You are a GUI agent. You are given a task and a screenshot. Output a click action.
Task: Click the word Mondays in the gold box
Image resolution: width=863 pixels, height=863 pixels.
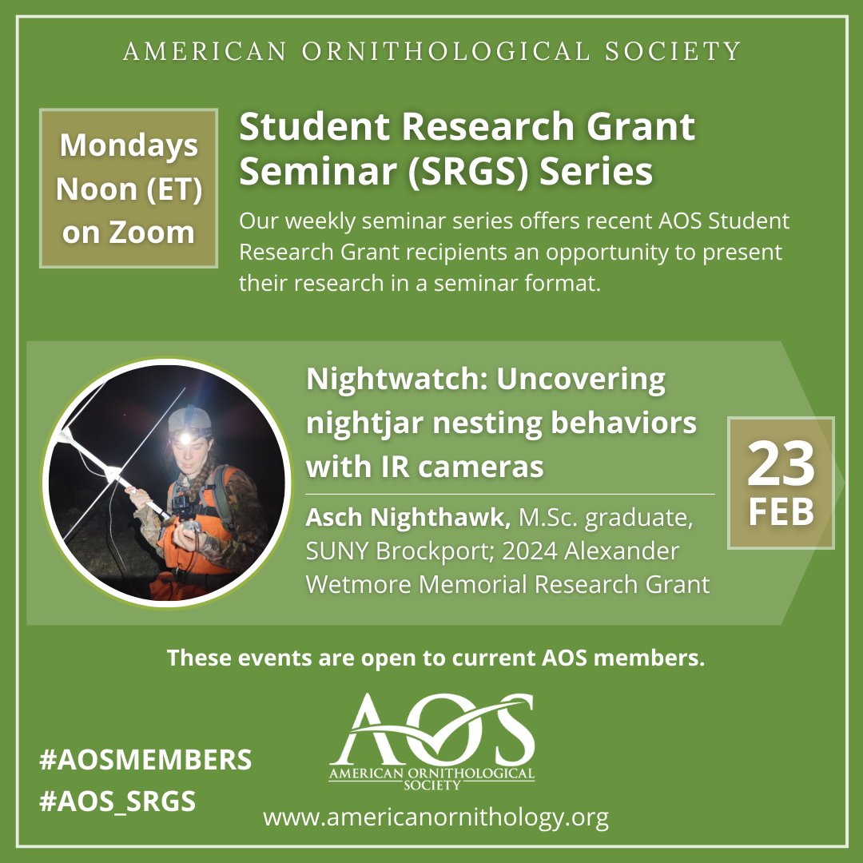click(x=129, y=145)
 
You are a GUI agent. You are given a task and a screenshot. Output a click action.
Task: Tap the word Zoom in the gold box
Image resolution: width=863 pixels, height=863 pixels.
click(x=152, y=232)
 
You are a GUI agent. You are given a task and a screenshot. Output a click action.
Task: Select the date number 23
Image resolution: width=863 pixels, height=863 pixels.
click(x=781, y=464)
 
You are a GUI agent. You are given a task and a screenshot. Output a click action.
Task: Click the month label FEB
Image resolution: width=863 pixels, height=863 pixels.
click(x=781, y=512)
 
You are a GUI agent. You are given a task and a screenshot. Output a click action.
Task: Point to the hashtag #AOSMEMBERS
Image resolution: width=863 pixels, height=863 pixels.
click(x=145, y=759)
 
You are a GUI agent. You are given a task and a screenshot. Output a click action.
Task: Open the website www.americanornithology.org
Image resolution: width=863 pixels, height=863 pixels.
click(x=435, y=817)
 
